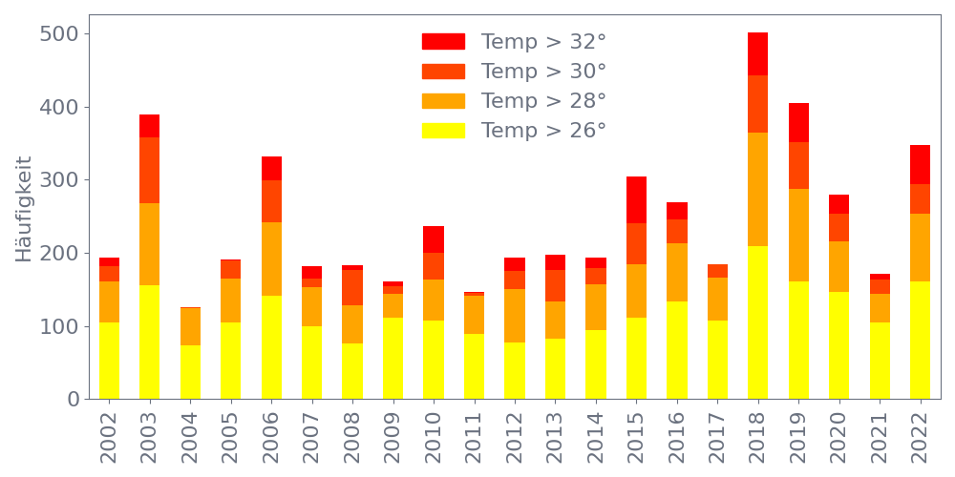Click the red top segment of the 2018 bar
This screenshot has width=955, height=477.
[757, 53]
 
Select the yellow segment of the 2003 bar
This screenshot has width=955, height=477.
[149, 342]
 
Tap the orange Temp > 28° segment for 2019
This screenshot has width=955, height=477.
[798, 235]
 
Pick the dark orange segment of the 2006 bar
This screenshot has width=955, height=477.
[271, 201]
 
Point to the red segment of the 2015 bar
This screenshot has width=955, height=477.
[636, 199]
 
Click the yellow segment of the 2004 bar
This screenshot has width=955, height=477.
[190, 372]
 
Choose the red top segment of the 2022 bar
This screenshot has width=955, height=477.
[920, 164]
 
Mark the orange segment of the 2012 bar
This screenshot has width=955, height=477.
[515, 316]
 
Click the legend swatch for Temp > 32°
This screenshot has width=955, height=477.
[443, 42]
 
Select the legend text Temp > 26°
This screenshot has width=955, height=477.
[543, 131]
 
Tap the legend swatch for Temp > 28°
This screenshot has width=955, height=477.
[443, 101]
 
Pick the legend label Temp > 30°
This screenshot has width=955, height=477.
[543, 72]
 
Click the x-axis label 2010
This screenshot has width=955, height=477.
[434, 437]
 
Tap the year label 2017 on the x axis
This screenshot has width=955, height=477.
[717, 437]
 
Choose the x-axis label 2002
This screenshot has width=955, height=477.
[109, 437]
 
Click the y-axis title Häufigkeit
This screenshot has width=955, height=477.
[24, 209]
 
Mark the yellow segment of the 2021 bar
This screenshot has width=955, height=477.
[880, 361]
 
